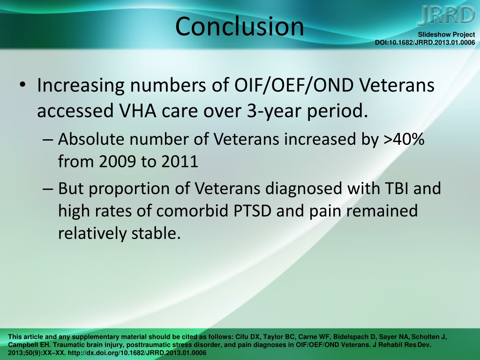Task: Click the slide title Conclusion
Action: (x=240, y=26)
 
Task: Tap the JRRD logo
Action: (x=446, y=15)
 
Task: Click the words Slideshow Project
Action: (x=446, y=35)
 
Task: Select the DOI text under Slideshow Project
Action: (x=425, y=43)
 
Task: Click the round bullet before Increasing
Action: (x=22, y=84)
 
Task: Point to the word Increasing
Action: (x=81, y=85)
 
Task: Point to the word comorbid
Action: (x=192, y=211)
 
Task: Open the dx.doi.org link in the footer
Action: (x=137, y=353)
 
